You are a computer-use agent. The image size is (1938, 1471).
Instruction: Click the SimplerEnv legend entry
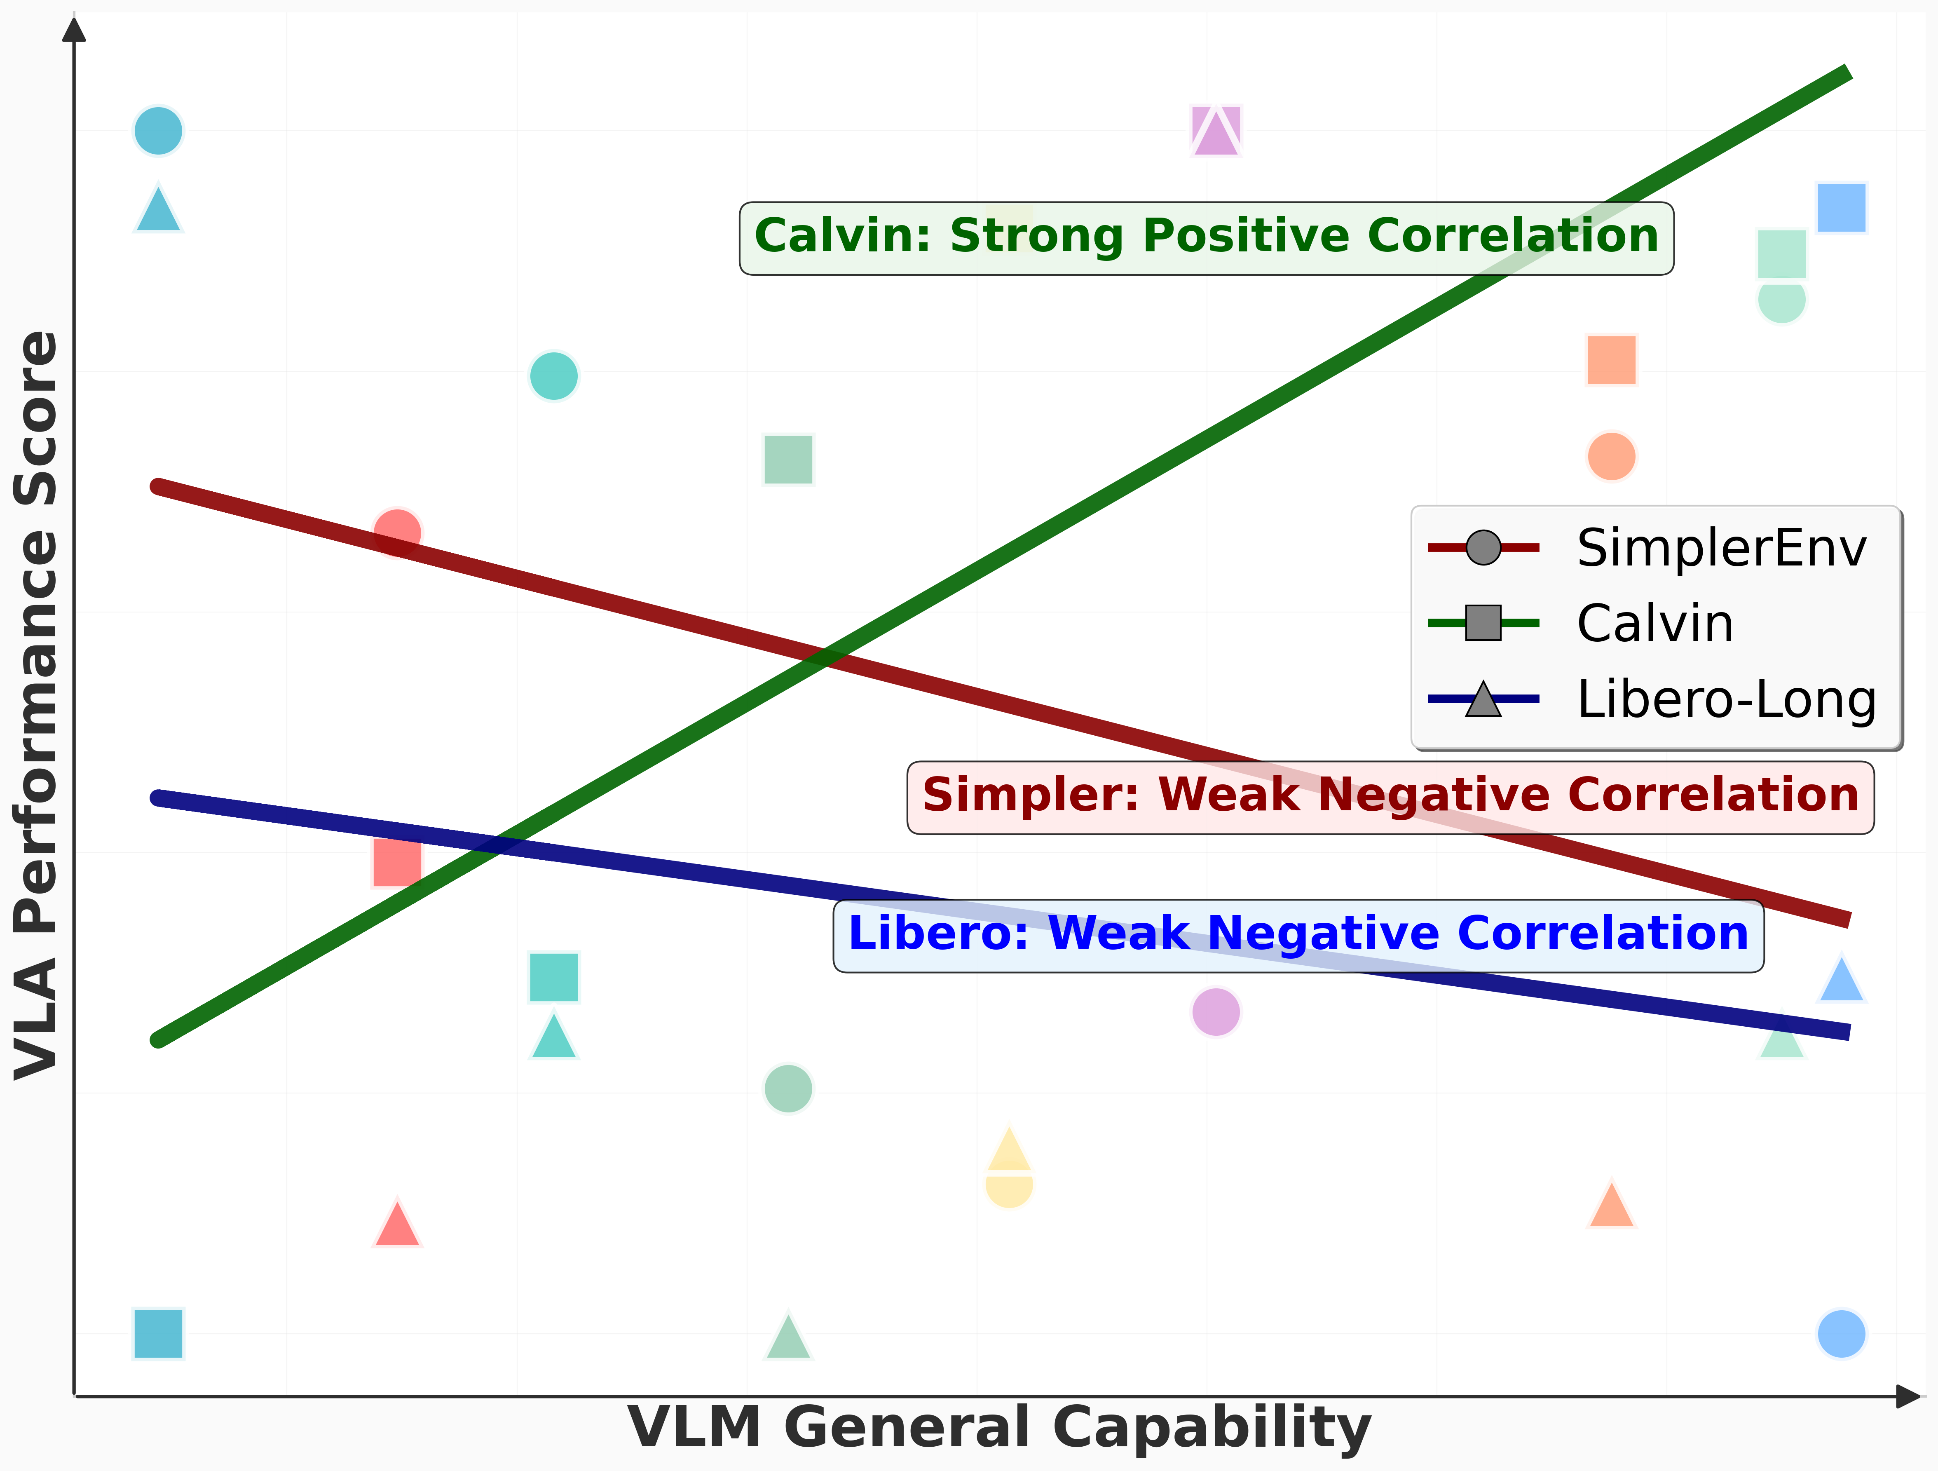pos(1721,549)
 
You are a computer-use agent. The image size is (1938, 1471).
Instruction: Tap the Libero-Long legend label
pos(1726,700)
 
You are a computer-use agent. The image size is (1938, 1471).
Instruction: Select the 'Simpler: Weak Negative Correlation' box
pos(1390,796)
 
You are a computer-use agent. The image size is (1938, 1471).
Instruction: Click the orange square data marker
pos(1611,360)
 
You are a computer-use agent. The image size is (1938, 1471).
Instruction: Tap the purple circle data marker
pos(1216,1012)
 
